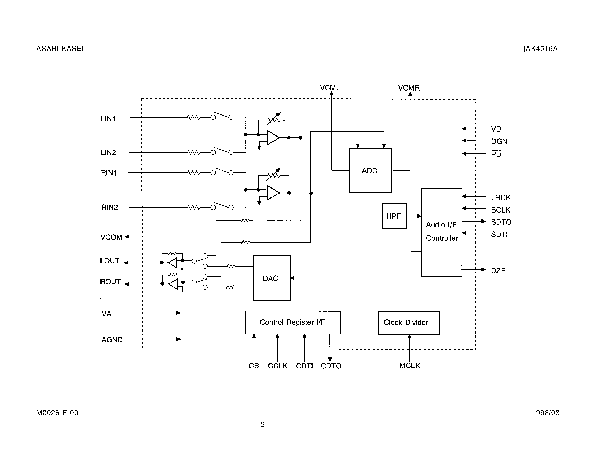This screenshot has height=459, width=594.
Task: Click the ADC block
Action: [370, 170]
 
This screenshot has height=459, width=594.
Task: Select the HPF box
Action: [394, 216]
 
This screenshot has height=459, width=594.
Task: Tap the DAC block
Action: [272, 278]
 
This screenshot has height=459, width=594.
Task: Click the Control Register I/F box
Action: [293, 322]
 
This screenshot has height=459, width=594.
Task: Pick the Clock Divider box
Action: [408, 323]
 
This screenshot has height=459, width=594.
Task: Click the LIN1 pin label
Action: [108, 119]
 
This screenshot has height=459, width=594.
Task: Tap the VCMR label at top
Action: [409, 88]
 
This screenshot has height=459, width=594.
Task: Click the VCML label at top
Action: [330, 88]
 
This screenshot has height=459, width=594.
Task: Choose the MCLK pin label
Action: [410, 366]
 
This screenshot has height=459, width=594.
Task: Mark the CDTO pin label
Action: [331, 366]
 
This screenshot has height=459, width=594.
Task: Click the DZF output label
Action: [498, 271]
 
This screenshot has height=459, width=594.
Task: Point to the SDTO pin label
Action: [501, 222]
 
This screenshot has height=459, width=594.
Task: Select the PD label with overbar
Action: [496, 154]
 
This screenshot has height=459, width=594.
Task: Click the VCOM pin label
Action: [111, 237]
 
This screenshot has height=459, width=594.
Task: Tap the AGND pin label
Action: [112, 340]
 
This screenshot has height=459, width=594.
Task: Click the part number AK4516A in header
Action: [542, 49]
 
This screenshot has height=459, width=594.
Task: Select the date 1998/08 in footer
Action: [546, 413]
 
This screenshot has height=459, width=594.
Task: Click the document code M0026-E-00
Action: [57, 413]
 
